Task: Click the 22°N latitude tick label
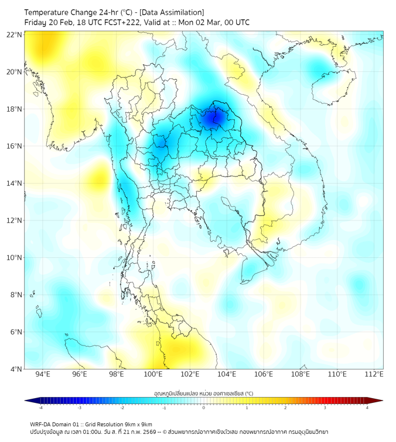(x=14, y=34)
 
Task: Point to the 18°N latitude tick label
(x=14, y=109)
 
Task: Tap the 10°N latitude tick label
(x=14, y=258)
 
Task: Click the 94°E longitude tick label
(x=43, y=375)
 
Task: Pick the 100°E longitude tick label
(x=153, y=375)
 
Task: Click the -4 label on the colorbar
(x=40, y=408)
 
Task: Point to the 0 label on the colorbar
(x=204, y=408)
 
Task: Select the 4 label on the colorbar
(x=367, y=408)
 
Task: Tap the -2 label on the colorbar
(x=122, y=408)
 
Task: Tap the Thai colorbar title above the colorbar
(x=203, y=393)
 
